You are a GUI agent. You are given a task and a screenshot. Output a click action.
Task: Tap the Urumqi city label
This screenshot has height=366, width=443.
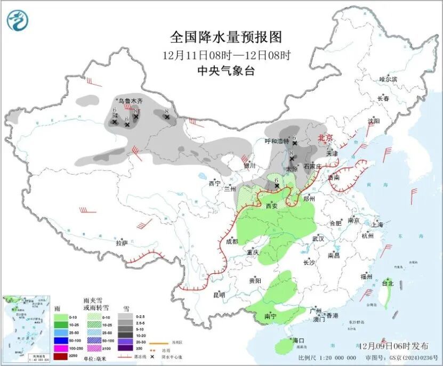[131, 100]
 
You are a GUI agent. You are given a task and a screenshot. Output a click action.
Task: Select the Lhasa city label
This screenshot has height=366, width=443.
[122, 243]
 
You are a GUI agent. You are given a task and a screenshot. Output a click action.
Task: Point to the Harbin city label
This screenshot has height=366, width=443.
[388, 79]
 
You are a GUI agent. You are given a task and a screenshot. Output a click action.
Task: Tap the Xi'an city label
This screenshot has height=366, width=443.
[272, 206]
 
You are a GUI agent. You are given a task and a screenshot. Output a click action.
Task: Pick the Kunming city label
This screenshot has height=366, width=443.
[219, 295]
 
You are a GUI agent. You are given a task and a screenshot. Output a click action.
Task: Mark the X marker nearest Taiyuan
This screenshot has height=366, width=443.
[292, 158]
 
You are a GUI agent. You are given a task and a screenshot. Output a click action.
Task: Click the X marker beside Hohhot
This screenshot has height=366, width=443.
[294, 143]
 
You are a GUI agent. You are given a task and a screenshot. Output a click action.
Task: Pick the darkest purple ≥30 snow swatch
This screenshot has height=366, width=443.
[125, 348]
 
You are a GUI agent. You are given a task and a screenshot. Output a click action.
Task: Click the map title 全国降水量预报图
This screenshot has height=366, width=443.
[225, 37]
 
